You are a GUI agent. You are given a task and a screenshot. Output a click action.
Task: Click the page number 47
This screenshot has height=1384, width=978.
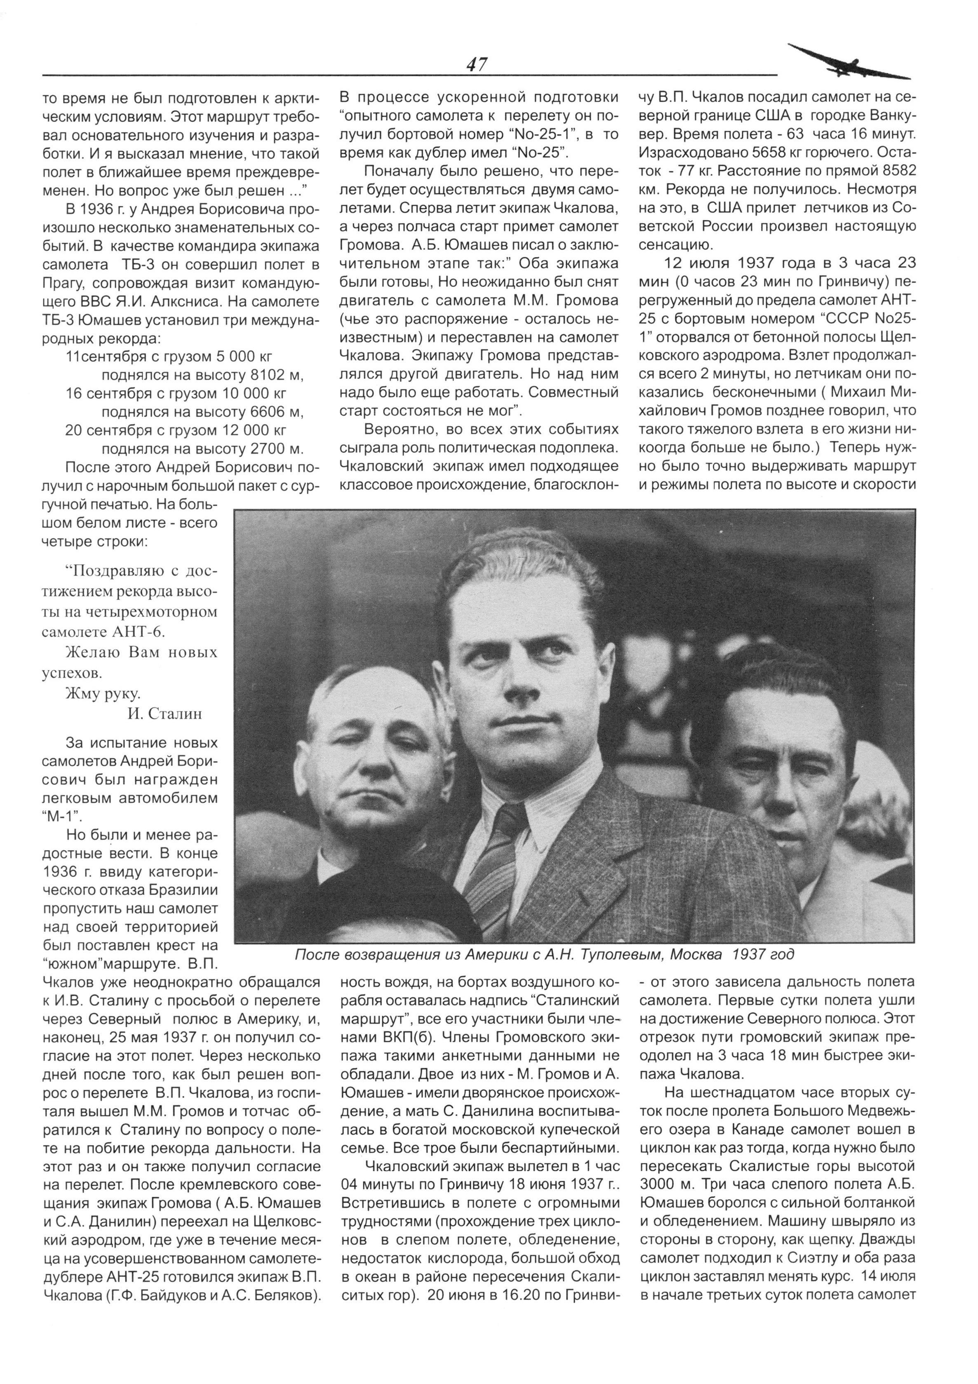tap(476, 64)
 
